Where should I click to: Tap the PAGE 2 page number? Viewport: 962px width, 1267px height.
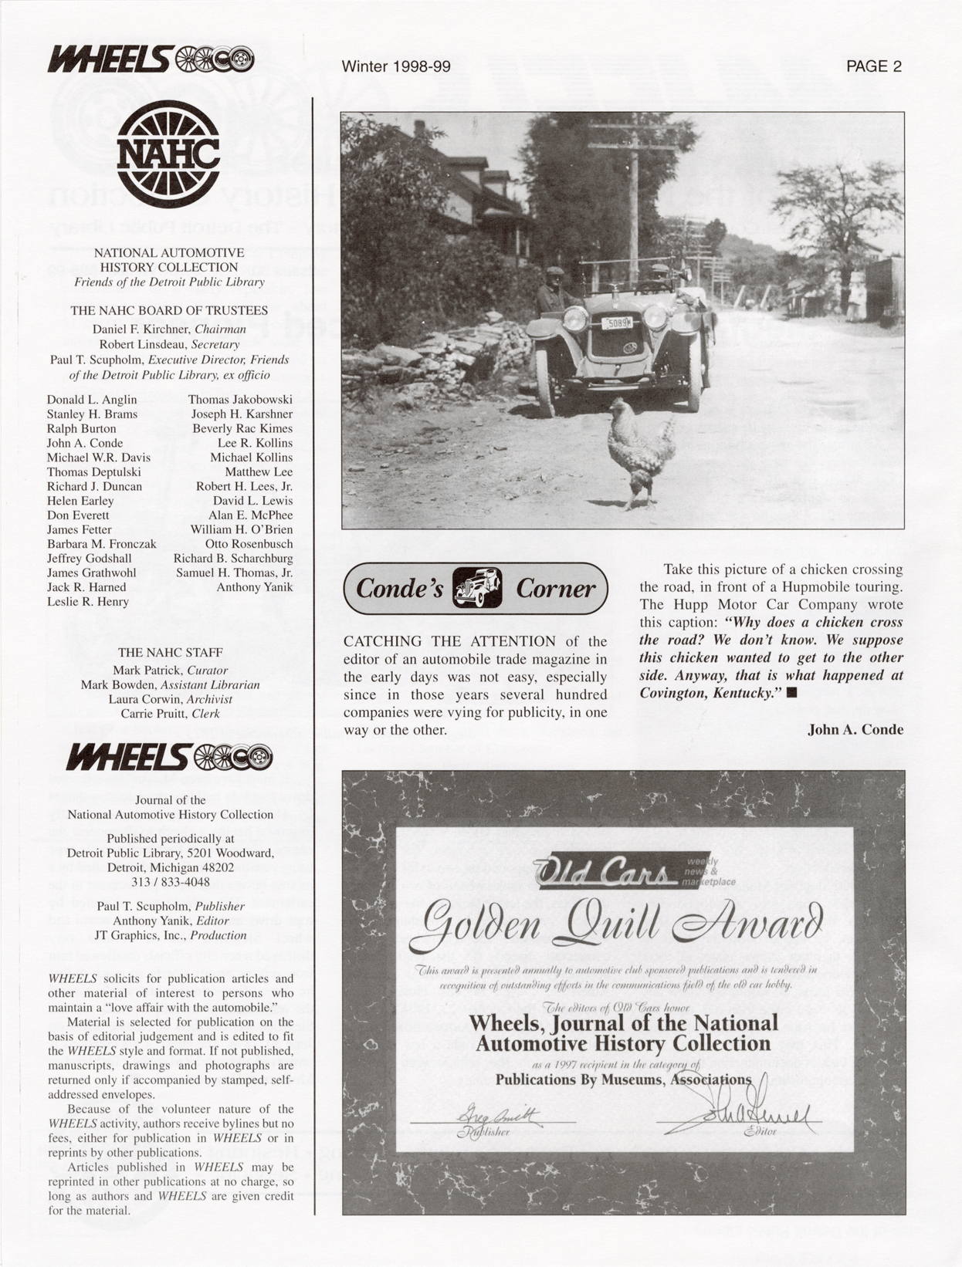pyautogui.click(x=873, y=66)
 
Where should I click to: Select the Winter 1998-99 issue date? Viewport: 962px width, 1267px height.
pyautogui.click(x=396, y=66)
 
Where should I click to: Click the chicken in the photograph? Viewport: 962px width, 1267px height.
pyautogui.click(x=639, y=452)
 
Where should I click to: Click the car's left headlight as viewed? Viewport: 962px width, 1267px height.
pyautogui.click(x=575, y=318)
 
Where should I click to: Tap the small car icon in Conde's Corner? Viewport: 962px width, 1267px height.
pyautogui.click(x=476, y=588)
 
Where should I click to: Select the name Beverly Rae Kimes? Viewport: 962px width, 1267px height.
pyautogui.click(x=242, y=428)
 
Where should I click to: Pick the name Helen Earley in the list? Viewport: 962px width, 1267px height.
pyautogui.click(x=80, y=501)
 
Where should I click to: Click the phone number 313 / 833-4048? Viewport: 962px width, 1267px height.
pyautogui.click(x=170, y=882)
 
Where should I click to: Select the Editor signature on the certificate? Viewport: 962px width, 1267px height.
pyautogui.click(x=737, y=1111)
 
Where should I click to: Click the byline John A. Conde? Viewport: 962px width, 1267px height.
pyautogui.click(x=855, y=729)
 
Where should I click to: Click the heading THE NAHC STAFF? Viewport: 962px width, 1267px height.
pyautogui.click(x=170, y=653)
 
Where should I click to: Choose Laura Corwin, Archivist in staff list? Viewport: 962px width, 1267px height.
pyautogui.click(x=170, y=699)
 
